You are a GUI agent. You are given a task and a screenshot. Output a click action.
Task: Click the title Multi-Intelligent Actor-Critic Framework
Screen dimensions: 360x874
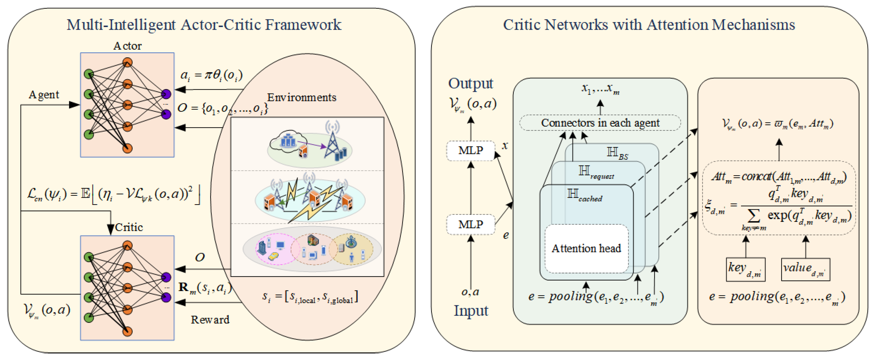[204, 25]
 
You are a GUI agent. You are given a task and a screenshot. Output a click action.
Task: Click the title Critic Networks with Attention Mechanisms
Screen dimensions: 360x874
[649, 25]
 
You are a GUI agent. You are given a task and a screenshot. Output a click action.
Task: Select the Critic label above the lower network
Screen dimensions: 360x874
[129, 227]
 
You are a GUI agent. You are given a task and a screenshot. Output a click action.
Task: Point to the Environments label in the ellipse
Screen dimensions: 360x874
[301, 97]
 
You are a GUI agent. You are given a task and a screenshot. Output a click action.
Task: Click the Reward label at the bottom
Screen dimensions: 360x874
[210, 320]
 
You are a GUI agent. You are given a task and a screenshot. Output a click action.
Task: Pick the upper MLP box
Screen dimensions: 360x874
[470, 150]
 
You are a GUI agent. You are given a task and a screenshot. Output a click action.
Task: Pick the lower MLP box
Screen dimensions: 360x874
[470, 224]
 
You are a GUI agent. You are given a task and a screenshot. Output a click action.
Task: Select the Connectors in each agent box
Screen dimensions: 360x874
[600, 123]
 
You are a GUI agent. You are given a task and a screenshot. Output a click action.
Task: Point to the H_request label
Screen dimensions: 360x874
[596, 172]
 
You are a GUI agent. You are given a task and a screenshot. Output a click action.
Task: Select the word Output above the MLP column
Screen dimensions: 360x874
[470, 83]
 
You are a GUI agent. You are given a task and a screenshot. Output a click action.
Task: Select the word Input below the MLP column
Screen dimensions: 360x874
[471, 311]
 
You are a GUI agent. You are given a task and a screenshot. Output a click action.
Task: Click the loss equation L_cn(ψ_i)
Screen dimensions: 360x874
[114, 194]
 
